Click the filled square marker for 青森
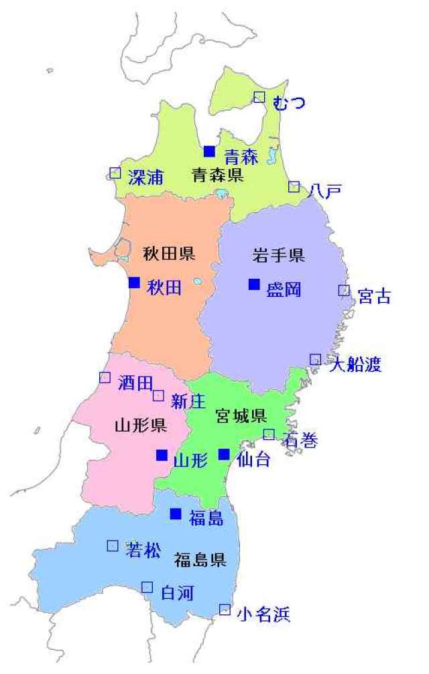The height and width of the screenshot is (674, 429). pos(210,151)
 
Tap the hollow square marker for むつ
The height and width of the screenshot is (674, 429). pos(259,97)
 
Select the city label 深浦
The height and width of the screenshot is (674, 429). pos(145,177)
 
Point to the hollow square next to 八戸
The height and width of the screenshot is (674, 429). pos(294,187)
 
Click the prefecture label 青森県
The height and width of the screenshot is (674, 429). pos(217,176)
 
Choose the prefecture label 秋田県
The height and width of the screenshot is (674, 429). pos(169,253)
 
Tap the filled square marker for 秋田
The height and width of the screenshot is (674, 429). pos(135,282)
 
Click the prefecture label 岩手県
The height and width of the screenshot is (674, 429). pos(278,255)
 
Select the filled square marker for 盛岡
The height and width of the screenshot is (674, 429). pos(254,284)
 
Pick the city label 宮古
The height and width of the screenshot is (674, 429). pos(374,296)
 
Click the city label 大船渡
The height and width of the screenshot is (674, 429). pos(355,365)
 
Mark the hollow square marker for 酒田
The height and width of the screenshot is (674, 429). pos(105,377)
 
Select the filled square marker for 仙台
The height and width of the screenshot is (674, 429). pos(224,454)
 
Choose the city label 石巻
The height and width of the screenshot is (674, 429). pos(299,440)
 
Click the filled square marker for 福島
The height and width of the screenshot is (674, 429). pos(176,514)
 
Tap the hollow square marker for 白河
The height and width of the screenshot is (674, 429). pos(147,588)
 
